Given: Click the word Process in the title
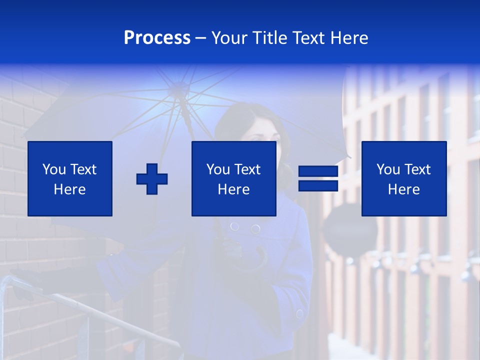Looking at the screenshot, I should tap(157, 38).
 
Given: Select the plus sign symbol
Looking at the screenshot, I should tap(152, 179).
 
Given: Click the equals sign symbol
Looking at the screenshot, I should tap(318, 179).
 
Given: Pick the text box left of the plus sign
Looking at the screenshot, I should tap(70, 179).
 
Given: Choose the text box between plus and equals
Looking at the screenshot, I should tap(233, 179).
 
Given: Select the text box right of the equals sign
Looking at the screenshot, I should tap(403, 179).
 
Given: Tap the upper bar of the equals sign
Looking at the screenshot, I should tap(318, 171).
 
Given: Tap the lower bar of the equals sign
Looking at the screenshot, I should tap(318, 186).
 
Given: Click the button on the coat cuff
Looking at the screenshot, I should tap(299, 314).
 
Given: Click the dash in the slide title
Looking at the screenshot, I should tap(201, 38).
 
